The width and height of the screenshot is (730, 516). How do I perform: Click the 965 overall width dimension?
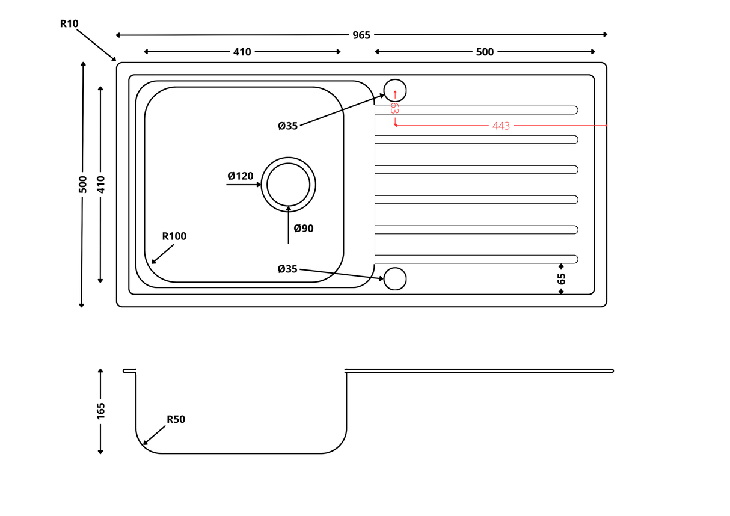click(361, 35)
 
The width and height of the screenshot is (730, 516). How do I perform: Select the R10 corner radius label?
click(69, 24)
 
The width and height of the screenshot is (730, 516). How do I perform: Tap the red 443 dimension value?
click(501, 126)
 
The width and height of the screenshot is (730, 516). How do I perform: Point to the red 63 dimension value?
click(394, 108)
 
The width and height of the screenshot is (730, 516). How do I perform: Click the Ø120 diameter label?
click(240, 176)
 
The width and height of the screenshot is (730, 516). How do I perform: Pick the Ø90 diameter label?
click(304, 229)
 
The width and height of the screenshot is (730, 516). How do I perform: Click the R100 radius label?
click(174, 236)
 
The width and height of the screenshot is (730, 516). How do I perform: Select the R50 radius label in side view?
click(176, 419)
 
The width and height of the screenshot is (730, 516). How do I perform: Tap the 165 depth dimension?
click(100, 411)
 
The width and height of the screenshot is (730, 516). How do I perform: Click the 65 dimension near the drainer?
click(562, 279)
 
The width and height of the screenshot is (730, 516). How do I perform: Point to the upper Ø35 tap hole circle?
click(395, 90)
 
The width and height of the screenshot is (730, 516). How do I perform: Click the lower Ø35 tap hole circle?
click(395, 278)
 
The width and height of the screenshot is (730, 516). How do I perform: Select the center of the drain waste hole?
click(289, 184)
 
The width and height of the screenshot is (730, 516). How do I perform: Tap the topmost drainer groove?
click(476, 110)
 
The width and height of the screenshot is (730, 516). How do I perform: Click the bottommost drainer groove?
click(476, 259)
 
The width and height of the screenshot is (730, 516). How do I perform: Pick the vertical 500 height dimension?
click(83, 184)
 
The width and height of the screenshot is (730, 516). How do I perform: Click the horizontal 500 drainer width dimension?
click(485, 52)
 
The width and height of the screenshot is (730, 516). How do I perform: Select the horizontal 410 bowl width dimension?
click(242, 52)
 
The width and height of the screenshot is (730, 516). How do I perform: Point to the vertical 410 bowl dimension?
click(100, 184)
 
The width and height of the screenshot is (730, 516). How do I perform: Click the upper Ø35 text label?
click(287, 126)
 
